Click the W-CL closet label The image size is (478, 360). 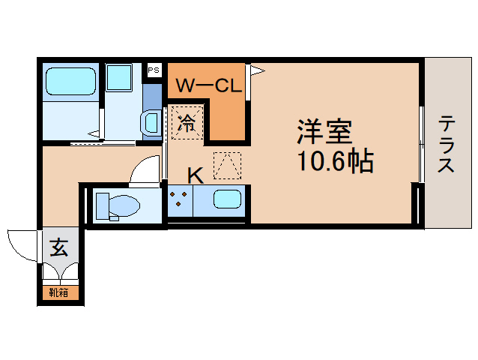[x=208, y=85]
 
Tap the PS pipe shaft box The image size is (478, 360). [x=154, y=70]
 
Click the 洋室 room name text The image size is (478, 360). [x=324, y=133]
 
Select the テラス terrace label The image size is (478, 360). [x=447, y=143]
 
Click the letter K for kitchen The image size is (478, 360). [x=195, y=175]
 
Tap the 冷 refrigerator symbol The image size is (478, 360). [x=187, y=121]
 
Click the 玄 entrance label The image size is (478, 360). [x=58, y=247]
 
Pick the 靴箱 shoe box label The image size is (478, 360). [x=58, y=292]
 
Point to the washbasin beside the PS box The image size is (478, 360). [x=151, y=121]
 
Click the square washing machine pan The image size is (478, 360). [x=118, y=77]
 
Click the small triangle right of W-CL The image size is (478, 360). [x=257, y=70]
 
